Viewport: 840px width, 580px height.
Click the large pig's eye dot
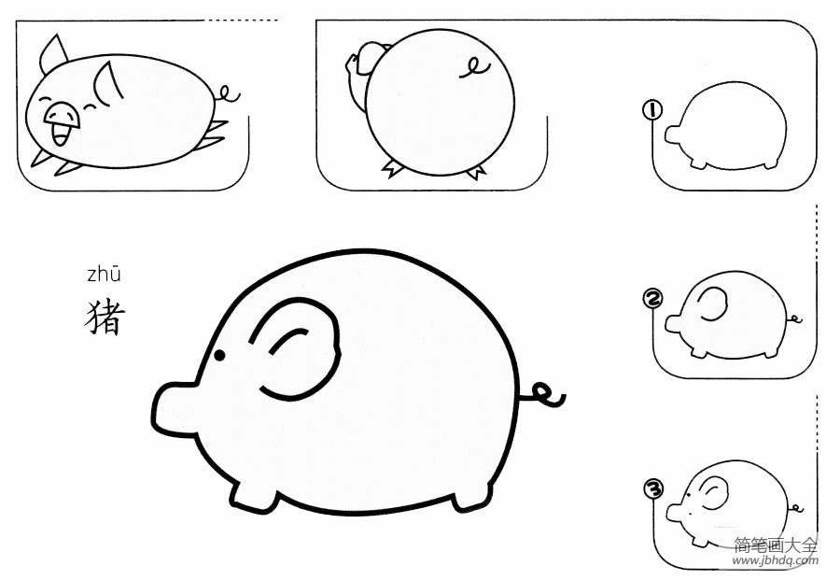(x=219, y=355)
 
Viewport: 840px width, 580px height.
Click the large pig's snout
(x=173, y=406)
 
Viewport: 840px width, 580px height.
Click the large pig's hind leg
(x=472, y=496)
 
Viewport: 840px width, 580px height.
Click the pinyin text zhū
(x=104, y=274)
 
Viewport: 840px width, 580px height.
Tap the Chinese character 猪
(x=105, y=318)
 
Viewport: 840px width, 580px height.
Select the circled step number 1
(x=652, y=110)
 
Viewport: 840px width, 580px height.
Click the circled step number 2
(x=652, y=299)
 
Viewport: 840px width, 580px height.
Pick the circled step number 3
(x=653, y=488)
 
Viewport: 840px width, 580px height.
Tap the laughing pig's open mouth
(x=61, y=134)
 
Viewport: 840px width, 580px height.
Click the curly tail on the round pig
(x=474, y=68)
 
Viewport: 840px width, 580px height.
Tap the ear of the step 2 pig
(x=712, y=304)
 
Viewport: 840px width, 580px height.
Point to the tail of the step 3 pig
(x=795, y=507)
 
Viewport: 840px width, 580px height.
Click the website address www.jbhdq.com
(x=776, y=560)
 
